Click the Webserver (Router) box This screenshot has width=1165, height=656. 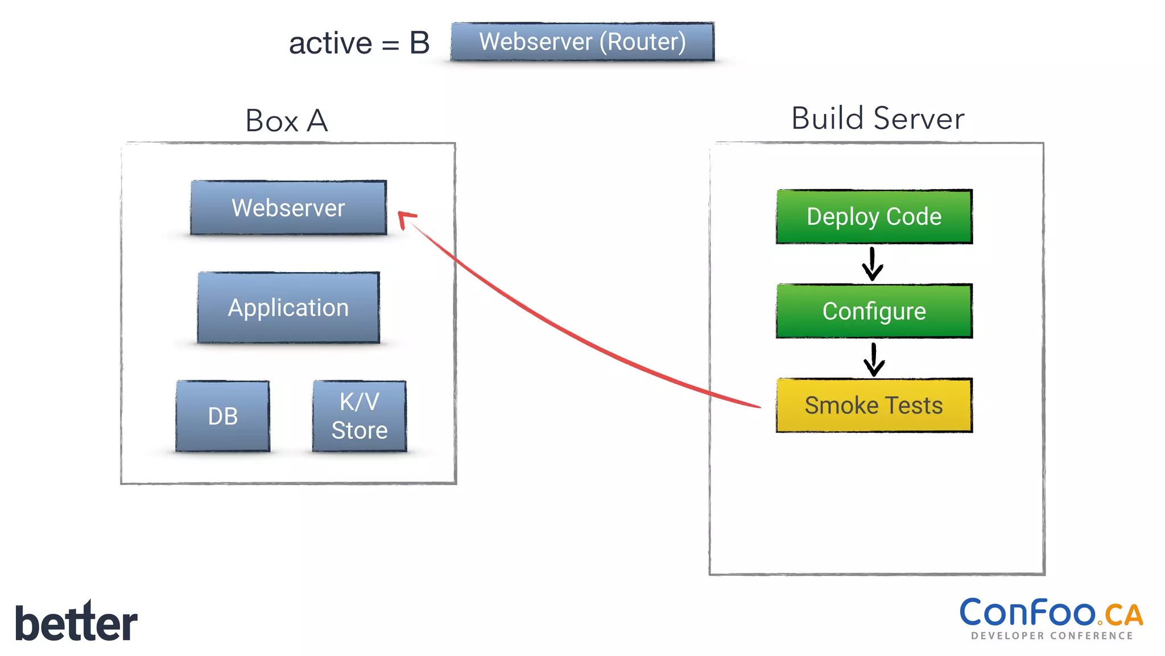click(582, 42)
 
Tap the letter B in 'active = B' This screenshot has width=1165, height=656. click(419, 43)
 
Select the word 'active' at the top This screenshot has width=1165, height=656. click(330, 44)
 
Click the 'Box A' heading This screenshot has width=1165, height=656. click(287, 121)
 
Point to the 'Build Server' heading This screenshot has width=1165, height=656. click(877, 118)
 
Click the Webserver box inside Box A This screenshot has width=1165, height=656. click(288, 208)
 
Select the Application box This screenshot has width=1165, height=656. click(288, 307)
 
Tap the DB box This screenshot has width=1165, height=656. click(222, 416)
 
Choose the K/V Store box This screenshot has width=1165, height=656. click(360, 416)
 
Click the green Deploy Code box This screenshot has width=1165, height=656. click(874, 217)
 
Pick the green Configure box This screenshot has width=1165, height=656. click(874, 311)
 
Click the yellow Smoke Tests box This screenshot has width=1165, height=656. click(874, 405)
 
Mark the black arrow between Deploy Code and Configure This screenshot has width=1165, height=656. click(872, 264)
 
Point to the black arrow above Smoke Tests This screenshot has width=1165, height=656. click(874, 359)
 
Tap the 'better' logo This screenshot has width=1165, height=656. click(76, 622)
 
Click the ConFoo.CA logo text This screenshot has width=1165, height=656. click(1028, 613)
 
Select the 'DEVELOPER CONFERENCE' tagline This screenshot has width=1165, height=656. click(1052, 636)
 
